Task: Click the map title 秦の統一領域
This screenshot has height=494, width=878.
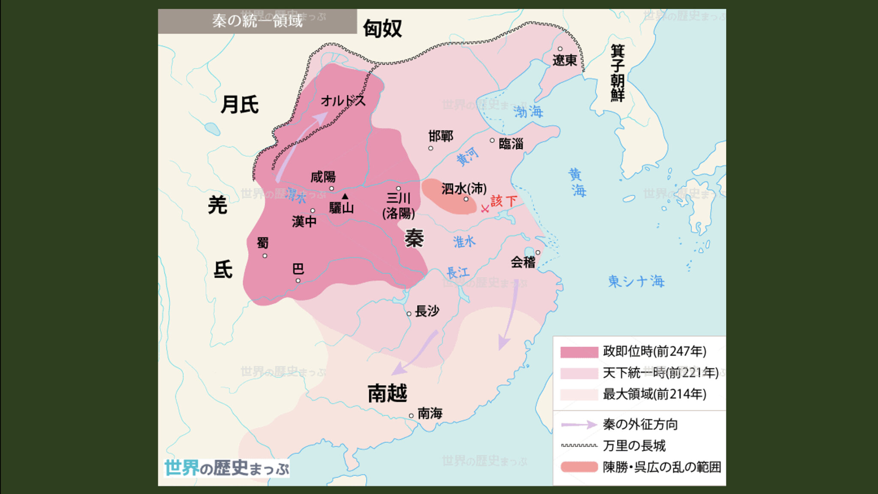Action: (257, 21)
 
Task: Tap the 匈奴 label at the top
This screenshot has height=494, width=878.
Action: (382, 29)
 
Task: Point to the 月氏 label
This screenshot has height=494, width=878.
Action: (239, 105)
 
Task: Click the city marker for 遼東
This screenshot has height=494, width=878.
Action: (560, 49)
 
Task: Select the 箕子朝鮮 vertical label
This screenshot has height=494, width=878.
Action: (617, 73)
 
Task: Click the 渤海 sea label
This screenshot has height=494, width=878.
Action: (528, 112)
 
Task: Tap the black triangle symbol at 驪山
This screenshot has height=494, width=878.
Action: (345, 196)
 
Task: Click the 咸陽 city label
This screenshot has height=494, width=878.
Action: (323, 177)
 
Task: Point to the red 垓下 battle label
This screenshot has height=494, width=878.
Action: (504, 201)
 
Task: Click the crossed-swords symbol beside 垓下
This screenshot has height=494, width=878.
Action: (485, 209)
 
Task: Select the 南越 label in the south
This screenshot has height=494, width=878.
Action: (387, 393)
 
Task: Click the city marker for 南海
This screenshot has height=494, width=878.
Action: (411, 416)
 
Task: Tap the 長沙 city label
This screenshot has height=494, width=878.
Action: (427, 311)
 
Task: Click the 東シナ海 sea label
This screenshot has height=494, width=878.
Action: (636, 281)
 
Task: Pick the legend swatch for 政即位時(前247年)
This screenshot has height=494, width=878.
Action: (579, 352)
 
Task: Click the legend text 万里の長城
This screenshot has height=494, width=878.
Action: (634, 446)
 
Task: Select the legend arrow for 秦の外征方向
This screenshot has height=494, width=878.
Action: (579, 425)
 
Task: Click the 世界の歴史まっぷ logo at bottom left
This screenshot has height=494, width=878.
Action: (226, 468)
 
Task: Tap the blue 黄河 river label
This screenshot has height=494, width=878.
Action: (467, 156)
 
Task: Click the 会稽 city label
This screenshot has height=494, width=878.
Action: (523, 262)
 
